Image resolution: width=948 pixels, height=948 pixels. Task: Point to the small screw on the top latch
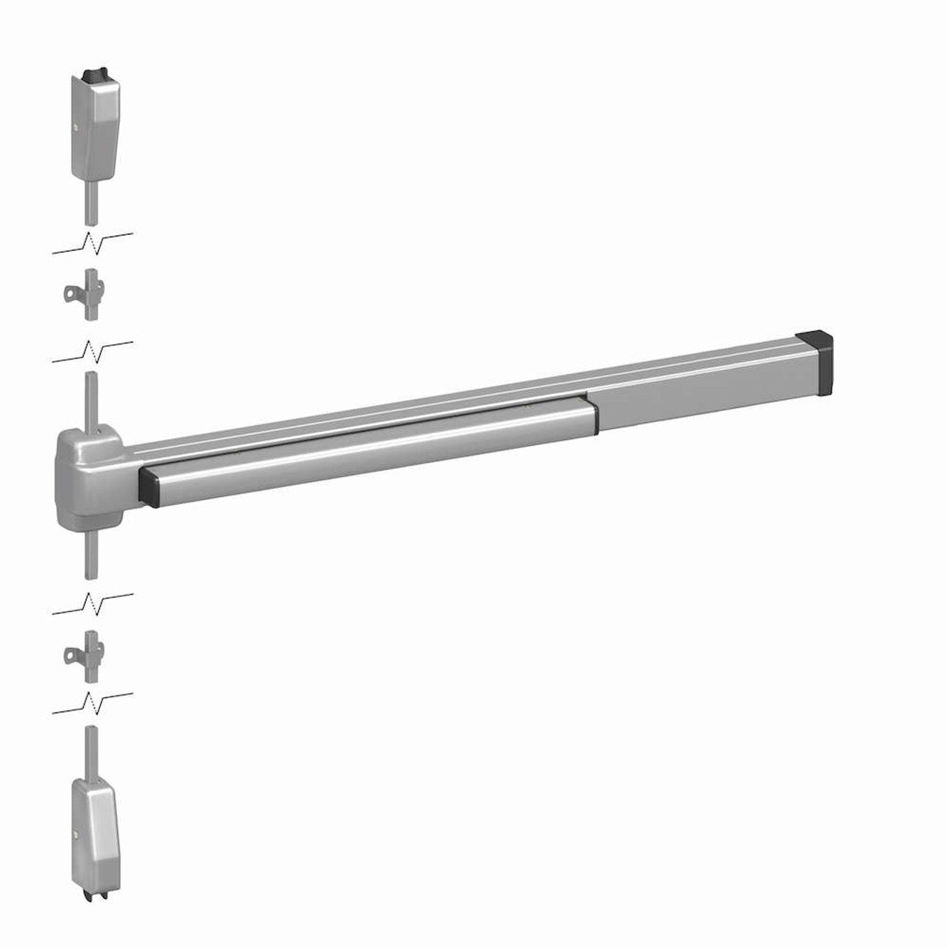(x=78, y=127)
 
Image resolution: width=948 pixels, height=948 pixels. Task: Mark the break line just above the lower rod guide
(x=93, y=602)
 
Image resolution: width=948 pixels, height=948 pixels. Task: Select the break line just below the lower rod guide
(x=93, y=702)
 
